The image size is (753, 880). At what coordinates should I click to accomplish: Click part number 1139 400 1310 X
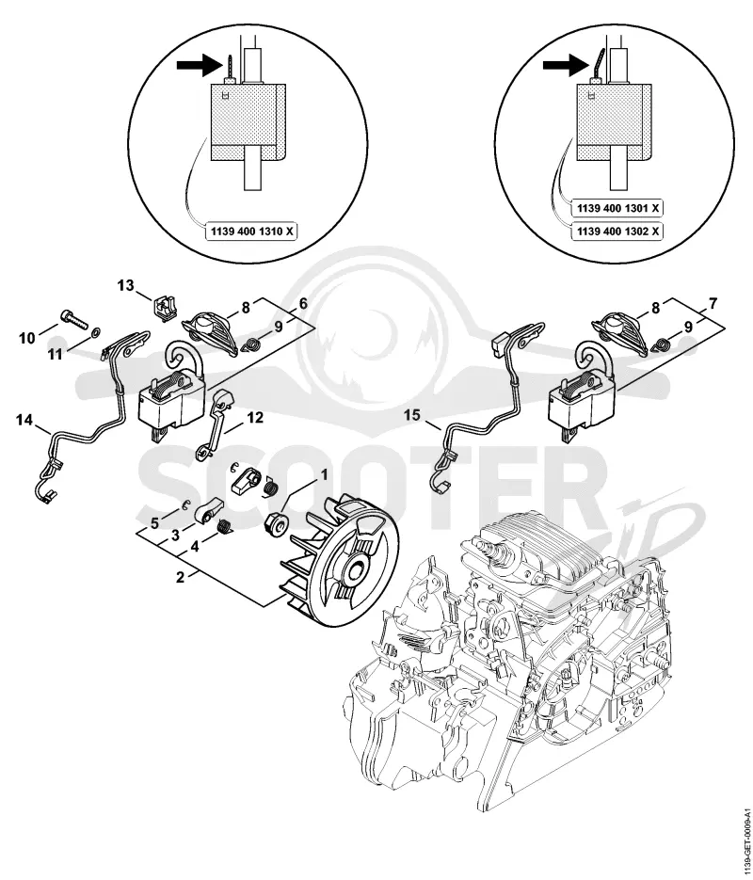(252, 232)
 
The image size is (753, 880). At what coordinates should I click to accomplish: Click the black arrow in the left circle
(197, 65)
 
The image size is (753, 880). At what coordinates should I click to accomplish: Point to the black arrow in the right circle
(564, 65)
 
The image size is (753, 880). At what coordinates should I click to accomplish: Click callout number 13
(126, 286)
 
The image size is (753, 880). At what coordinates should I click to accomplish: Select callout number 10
(26, 338)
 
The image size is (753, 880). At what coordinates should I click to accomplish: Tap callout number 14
(24, 419)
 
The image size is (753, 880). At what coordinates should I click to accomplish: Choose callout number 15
(412, 415)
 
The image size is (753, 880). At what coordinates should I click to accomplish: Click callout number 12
(255, 418)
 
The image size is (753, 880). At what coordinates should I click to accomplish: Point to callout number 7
(713, 304)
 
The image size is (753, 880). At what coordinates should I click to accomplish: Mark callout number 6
(303, 304)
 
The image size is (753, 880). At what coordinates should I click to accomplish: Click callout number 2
(180, 576)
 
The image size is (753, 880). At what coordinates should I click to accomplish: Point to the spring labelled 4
(225, 526)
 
